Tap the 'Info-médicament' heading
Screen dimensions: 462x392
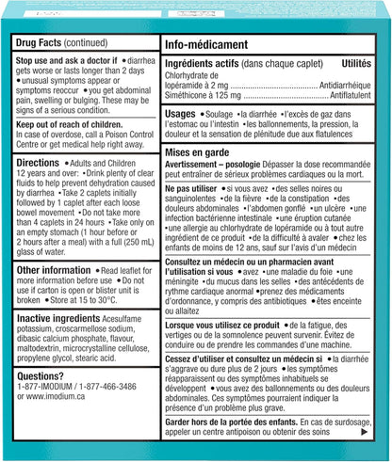206,45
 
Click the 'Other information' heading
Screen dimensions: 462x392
56,270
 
